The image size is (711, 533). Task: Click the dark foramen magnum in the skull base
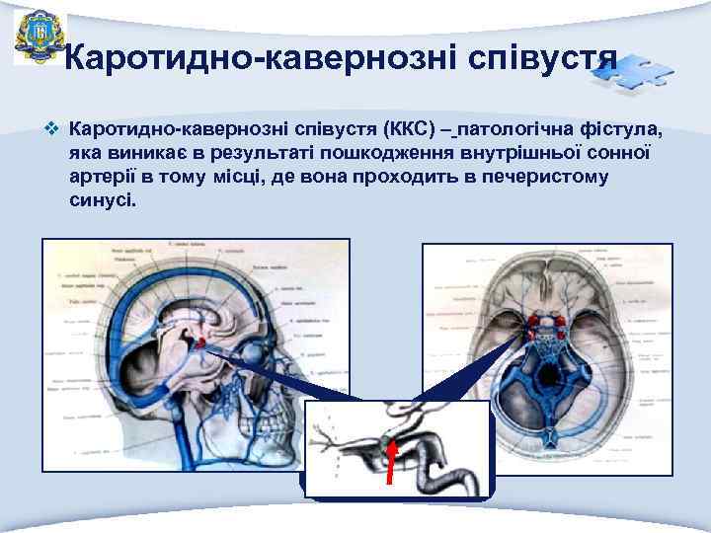[x=547, y=374]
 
